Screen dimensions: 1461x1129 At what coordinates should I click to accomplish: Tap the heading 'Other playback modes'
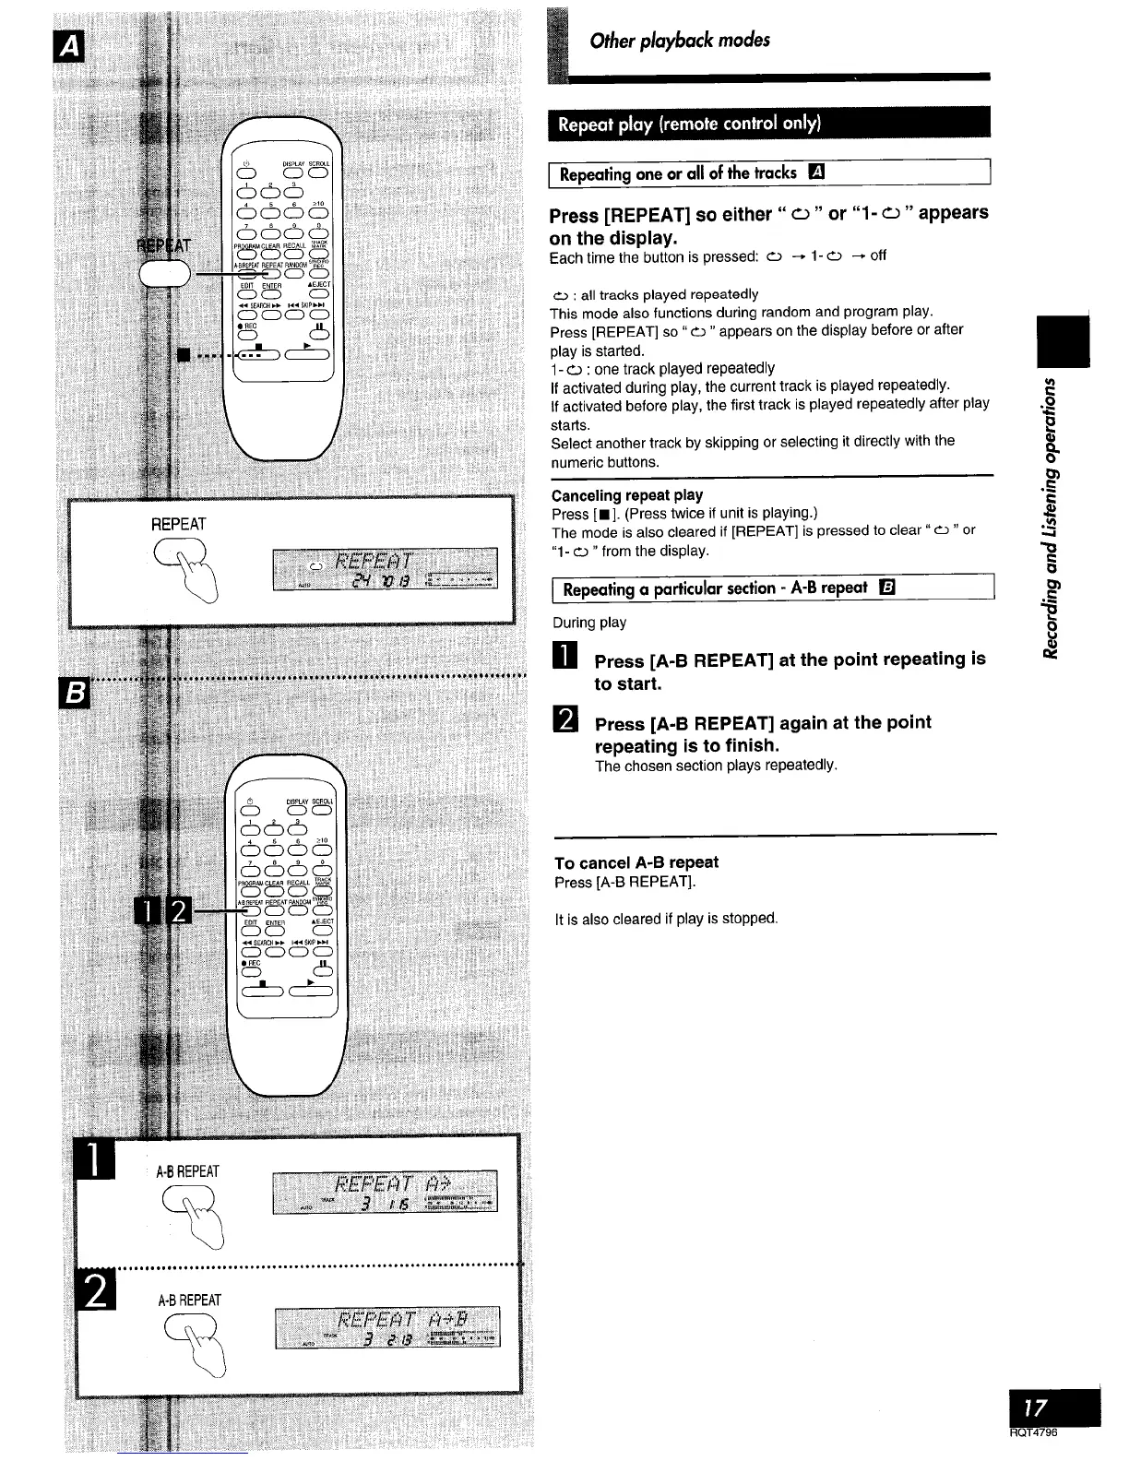coord(680,41)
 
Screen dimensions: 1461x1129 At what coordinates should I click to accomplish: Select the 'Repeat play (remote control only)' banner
coord(689,123)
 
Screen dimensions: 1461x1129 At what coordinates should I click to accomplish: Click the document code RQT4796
coord(1032,1432)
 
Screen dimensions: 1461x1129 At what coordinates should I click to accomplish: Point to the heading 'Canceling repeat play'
coord(626,494)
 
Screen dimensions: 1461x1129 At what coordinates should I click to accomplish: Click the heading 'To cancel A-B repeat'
coord(636,862)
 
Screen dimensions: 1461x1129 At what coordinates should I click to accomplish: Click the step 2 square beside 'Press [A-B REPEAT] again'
coord(563,723)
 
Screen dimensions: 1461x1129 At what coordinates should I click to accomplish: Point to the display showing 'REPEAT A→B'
coord(386,1326)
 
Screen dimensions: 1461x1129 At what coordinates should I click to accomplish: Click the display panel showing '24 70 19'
coord(385,568)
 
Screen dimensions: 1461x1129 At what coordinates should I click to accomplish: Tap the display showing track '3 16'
coord(385,1192)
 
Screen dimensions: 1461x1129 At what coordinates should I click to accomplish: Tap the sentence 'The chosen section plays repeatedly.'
coord(716,766)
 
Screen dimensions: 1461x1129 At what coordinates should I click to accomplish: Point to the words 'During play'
coord(588,623)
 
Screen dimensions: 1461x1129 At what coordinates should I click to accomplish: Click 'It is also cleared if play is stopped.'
coord(666,919)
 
